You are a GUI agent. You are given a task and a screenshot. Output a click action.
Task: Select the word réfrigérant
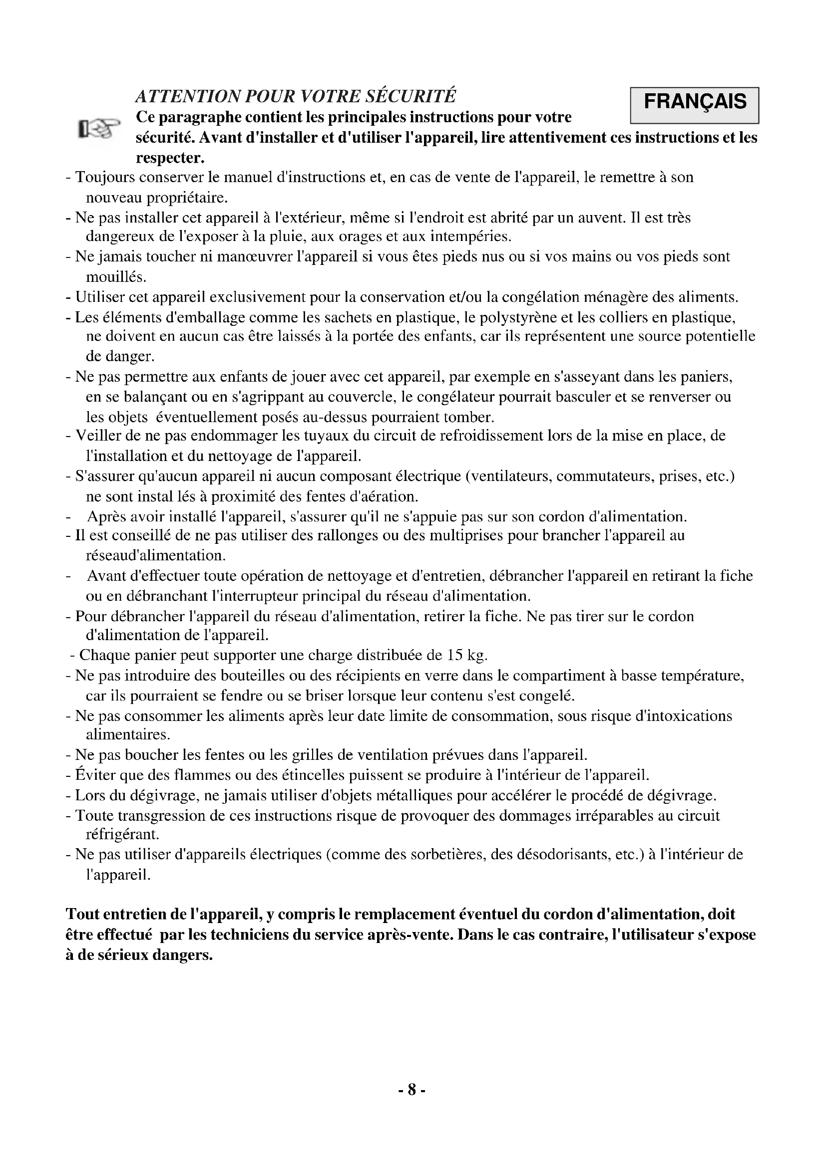(x=122, y=834)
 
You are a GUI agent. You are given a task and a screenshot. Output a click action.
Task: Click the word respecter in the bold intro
(x=170, y=158)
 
